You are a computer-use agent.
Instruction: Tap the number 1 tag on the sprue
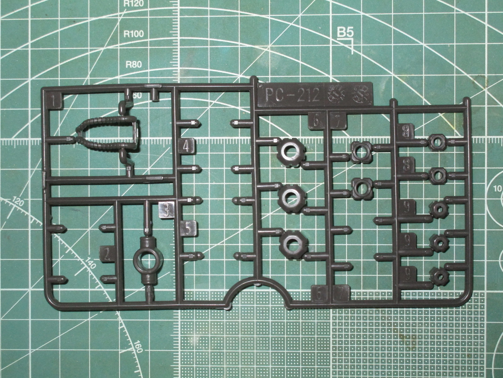click(x=56, y=101)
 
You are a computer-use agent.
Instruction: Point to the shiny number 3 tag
click(x=167, y=209)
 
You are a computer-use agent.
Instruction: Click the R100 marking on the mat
click(x=133, y=34)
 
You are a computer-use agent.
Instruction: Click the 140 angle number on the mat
click(x=90, y=263)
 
